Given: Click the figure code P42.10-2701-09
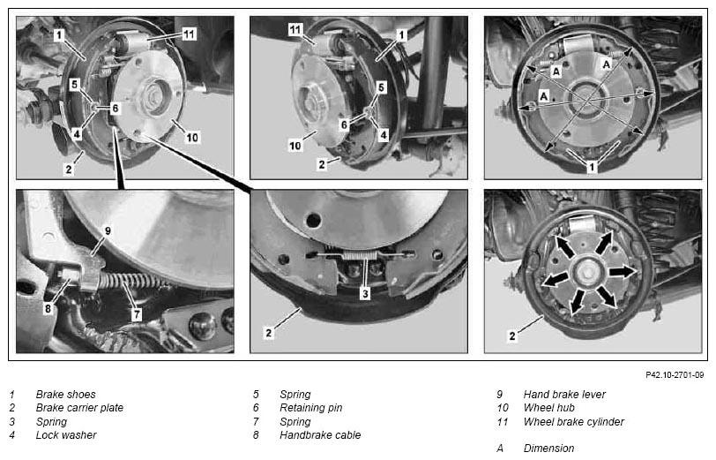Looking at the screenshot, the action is [675, 375].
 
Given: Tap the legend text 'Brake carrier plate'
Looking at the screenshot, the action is [79, 407].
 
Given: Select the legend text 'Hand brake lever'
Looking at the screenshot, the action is [564, 394].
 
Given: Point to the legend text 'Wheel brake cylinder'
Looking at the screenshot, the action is [573, 421].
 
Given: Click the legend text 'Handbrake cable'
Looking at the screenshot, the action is [320, 435].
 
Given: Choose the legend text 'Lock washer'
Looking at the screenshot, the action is [66, 435].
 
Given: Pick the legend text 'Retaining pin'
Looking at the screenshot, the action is [311, 407].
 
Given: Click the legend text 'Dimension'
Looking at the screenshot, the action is [548, 449].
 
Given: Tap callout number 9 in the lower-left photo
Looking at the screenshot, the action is [108, 231].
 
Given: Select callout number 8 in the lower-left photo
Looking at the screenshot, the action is [48, 309].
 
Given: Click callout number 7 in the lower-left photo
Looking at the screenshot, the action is [137, 314].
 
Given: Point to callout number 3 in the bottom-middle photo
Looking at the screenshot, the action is [365, 293].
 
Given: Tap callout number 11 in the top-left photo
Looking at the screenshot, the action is [189, 34].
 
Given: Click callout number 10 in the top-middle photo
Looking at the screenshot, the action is [295, 146].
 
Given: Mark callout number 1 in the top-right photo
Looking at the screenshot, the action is [592, 167].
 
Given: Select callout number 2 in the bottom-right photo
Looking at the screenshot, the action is [512, 336].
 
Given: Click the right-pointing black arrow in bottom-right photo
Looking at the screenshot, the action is [622, 272].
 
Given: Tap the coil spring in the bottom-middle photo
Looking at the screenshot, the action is [361, 254].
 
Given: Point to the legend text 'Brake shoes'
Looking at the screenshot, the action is [66, 394].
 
